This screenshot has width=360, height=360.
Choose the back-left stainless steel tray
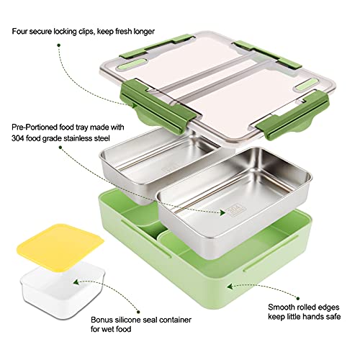pos(137,162)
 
